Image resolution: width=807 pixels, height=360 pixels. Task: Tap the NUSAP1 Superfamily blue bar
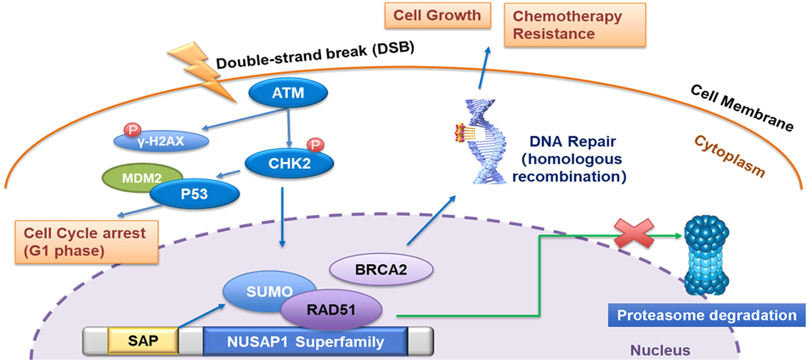pyautogui.click(x=305, y=341)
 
